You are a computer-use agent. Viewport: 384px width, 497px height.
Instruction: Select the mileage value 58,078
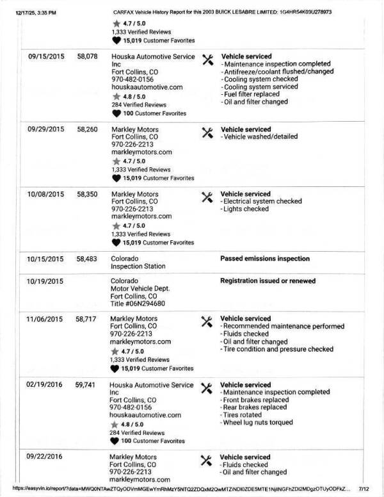pos(87,56)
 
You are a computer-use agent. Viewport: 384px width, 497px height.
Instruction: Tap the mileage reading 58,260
pos(87,129)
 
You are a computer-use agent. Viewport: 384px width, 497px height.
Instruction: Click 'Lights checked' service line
pos(246,209)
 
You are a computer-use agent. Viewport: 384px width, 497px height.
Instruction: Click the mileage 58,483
pos(87,259)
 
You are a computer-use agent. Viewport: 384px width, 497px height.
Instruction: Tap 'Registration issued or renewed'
pos(268,281)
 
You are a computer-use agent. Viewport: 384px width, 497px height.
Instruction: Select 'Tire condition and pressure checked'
pos(278,350)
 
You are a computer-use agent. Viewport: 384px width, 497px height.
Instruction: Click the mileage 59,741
pos(87,385)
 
